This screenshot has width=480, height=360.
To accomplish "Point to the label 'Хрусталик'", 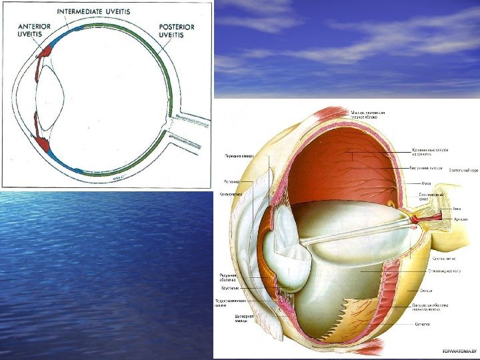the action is coord(230,288).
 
